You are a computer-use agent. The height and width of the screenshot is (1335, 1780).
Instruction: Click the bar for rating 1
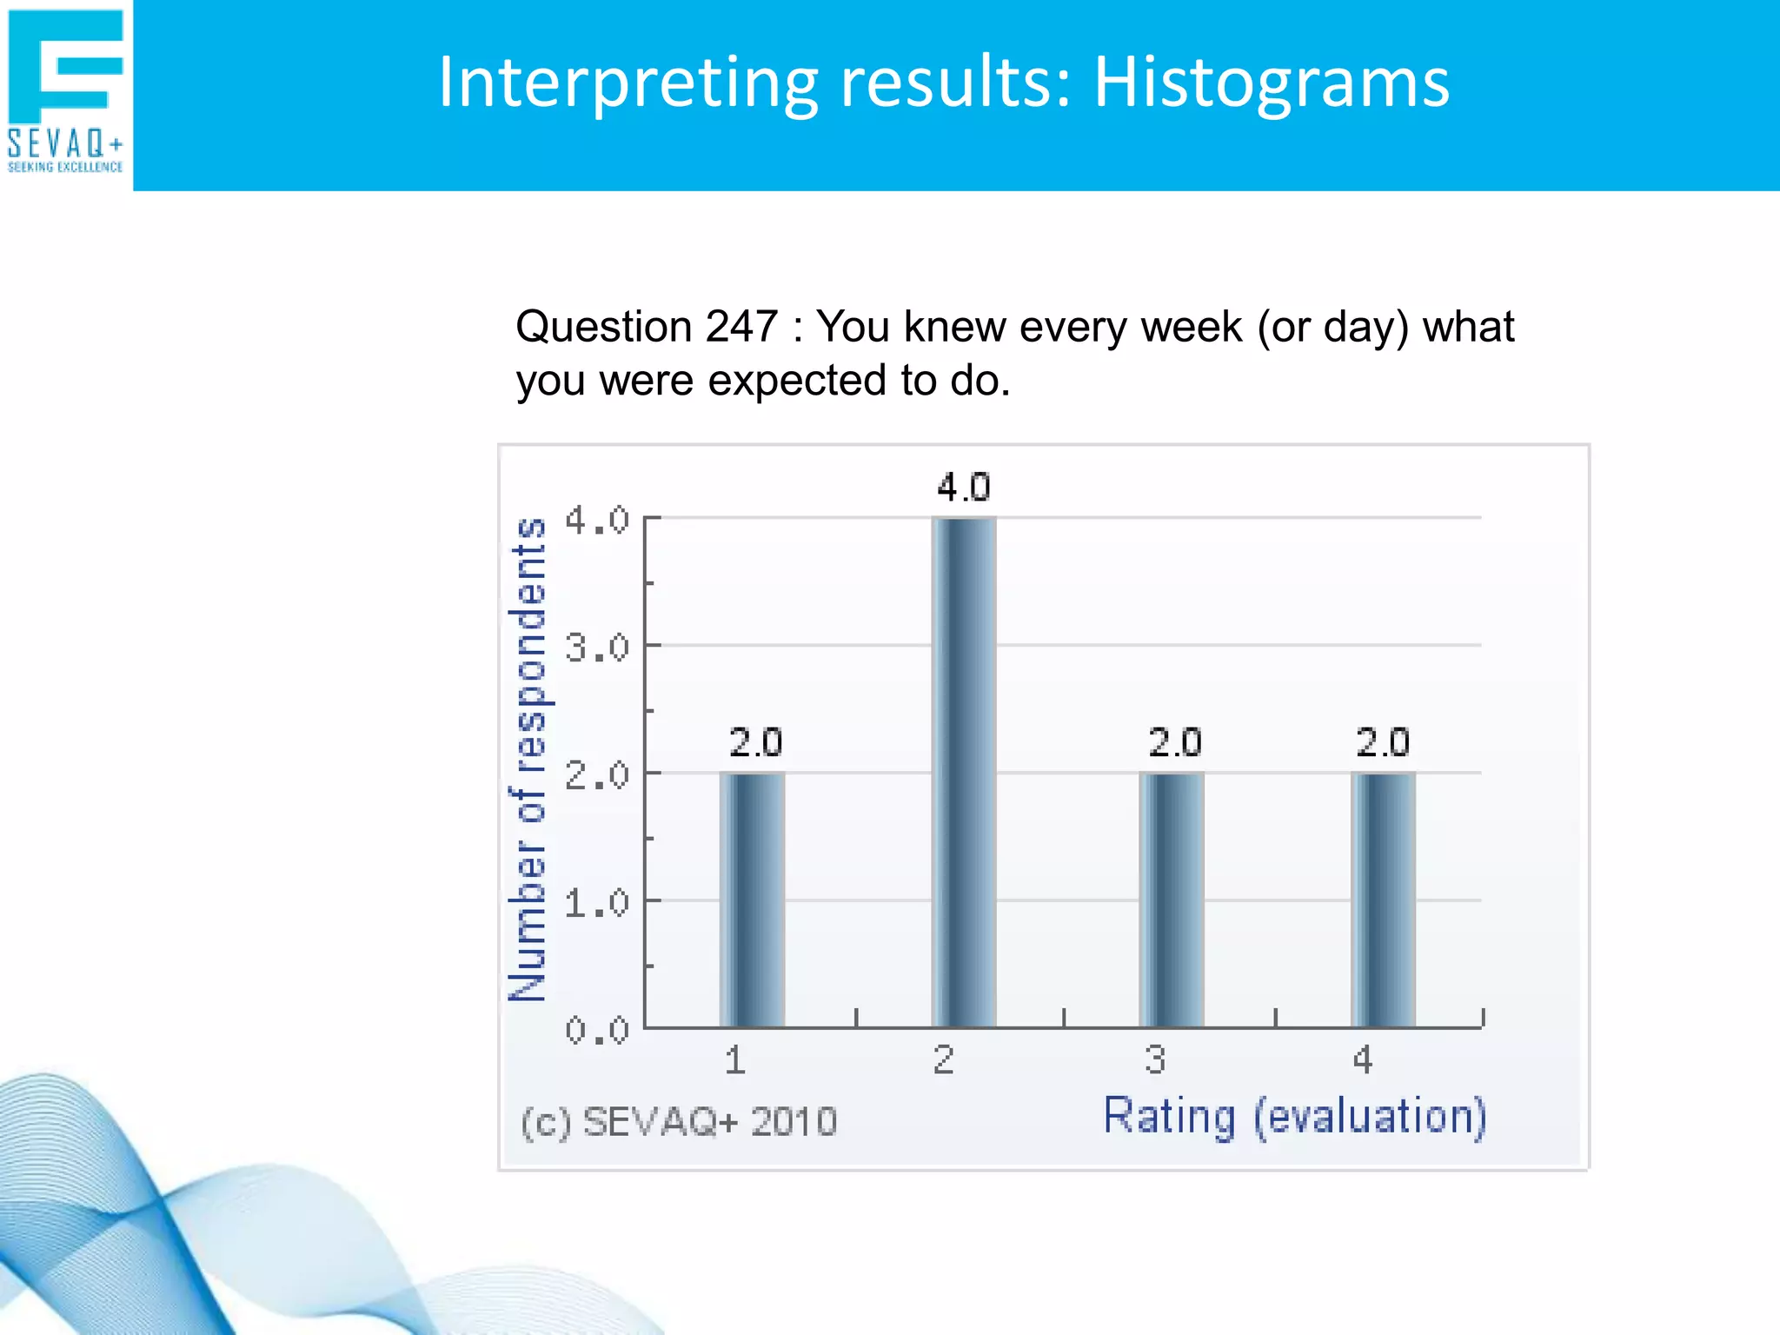pyautogui.click(x=752, y=900)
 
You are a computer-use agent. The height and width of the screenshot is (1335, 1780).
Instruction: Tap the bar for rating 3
pyautogui.click(x=1172, y=900)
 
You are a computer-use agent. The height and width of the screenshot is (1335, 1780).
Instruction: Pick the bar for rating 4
pyautogui.click(x=1383, y=900)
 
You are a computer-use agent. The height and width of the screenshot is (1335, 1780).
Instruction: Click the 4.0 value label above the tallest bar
pyautogui.click(x=963, y=488)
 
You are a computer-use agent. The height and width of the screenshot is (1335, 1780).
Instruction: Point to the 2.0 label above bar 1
pyautogui.click(x=755, y=743)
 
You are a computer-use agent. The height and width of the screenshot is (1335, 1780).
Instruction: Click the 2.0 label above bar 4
pyautogui.click(x=1383, y=743)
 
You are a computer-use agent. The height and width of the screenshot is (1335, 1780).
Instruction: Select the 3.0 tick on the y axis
pyautogui.click(x=596, y=648)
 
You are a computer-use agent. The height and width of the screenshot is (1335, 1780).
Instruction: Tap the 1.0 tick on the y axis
pyautogui.click(x=596, y=904)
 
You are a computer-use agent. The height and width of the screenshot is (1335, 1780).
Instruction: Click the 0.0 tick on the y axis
pyautogui.click(x=596, y=1031)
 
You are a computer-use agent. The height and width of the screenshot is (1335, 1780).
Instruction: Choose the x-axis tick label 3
pyautogui.click(x=1154, y=1060)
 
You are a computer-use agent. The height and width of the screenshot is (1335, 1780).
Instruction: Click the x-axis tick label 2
pyautogui.click(x=944, y=1060)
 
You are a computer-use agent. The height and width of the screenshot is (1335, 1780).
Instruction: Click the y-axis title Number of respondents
pyautogui.click(x=527, y=760)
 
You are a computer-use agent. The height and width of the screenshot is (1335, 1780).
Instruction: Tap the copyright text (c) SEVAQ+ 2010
pyautogui.click(x=679, y=1122)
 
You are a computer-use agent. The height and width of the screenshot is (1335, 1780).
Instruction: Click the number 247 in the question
pyautogui.click(x=741, y=328)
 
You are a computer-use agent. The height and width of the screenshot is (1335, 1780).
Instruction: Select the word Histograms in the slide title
pyautogui.click(x=1271, y=83)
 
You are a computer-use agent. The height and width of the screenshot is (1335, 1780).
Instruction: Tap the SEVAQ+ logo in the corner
pyautogui.click(x=66, y=91)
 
